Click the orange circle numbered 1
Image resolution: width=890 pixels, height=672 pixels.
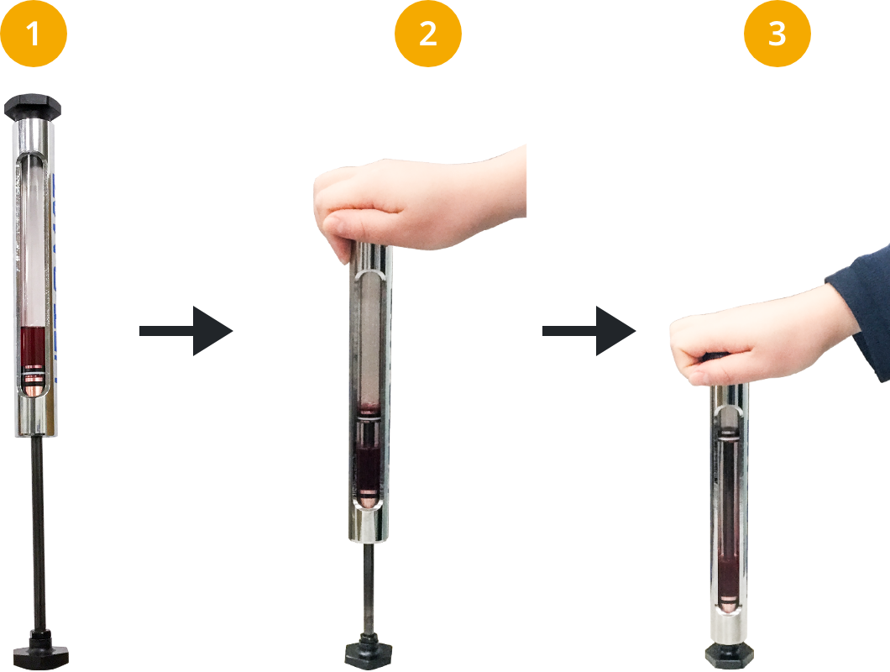click(34, 34)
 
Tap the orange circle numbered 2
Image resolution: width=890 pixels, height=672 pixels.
click(428, 34)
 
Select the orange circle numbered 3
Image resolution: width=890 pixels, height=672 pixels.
click(777, 34)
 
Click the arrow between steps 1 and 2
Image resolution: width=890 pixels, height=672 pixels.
click(186, 331)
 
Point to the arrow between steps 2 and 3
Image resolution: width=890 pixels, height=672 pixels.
click(589, 331)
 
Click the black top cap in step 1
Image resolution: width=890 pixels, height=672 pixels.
click(33, 107)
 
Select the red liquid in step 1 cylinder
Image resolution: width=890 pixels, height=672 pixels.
click(33, 347)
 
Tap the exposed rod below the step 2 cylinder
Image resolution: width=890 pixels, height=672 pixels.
click(369, 588)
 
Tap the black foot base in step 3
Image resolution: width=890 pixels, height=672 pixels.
click(730, 655)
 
